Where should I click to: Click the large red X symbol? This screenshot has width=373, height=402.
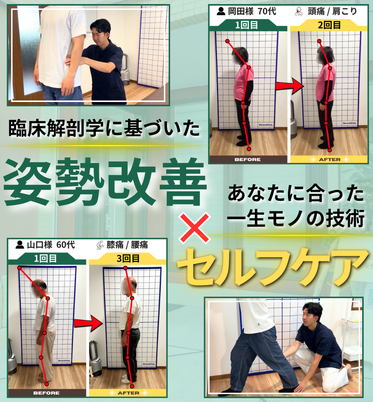click(195, 228)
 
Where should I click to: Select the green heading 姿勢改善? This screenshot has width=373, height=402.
click(105, 181)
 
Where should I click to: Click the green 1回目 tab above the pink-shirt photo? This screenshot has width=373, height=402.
click(247, 25)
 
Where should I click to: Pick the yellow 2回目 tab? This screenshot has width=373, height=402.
click(329, 25)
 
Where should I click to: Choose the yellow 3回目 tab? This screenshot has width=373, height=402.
click(128, 258)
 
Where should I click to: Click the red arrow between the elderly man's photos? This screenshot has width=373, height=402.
click(88, 323)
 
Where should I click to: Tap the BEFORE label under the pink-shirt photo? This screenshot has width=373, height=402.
click(248, 159)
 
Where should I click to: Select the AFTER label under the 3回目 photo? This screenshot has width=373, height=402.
click(128, 393)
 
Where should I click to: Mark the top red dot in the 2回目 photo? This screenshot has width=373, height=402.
click(319, 41)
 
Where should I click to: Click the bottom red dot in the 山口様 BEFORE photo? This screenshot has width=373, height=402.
click(47, 384)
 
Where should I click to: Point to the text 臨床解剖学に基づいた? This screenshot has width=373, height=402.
click(104, 128)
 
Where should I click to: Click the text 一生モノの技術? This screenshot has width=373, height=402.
click(296, 218)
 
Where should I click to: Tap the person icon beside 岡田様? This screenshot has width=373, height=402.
click(221, 11)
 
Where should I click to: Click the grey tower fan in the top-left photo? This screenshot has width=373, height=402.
click(125, 69)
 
